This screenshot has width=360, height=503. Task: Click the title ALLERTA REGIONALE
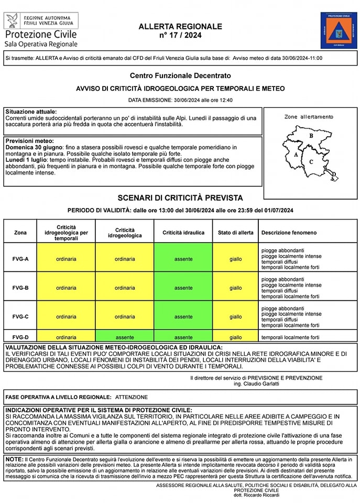point(180,26)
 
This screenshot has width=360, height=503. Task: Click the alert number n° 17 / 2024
point(180,35)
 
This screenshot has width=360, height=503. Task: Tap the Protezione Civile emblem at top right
point(339,31)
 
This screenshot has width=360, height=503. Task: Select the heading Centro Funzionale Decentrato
point(180,75)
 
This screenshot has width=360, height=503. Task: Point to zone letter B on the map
point(311,136)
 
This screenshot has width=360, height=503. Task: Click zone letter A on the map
point(297,155)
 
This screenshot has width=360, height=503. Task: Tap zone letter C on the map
point(311,161)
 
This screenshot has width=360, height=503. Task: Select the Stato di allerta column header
point(235,232)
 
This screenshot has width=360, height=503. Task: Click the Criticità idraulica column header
point(183,232)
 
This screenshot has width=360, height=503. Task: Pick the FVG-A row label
point(20,259)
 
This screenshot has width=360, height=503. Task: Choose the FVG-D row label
point(20,337)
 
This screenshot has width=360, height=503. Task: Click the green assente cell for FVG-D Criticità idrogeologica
point(125,337)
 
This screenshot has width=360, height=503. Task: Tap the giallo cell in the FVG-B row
point(235,288)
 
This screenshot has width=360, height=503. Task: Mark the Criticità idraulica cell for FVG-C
point(183,316)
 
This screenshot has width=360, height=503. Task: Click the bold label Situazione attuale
point(31,112)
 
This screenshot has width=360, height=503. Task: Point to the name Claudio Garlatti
point(258,384)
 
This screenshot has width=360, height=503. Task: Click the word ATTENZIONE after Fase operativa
point(132,397)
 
